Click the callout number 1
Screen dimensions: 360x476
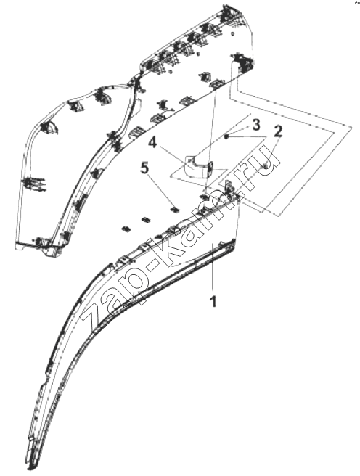point(213,302)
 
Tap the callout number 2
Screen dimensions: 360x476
point(278,131)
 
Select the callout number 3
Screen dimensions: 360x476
point(256,125)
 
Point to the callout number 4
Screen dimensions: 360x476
point(153,143)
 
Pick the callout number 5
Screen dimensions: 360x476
point(144,168)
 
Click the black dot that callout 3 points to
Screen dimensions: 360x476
point(226,137)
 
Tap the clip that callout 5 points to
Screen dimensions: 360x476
point(175,208)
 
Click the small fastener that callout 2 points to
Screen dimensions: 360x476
point(266,165)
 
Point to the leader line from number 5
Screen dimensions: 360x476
point(160,190)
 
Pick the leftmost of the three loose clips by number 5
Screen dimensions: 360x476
point(126,229)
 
